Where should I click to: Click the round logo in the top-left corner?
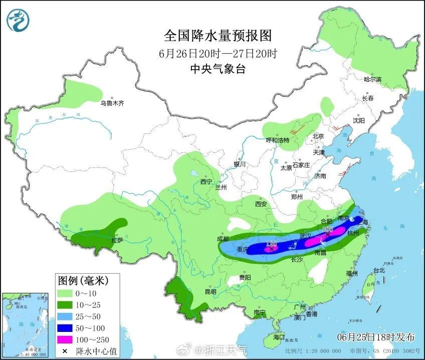click(19, 20)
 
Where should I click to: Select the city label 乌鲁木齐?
click(111, 103)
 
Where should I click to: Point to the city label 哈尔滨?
click(372, 79)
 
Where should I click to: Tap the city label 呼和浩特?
click(277, 140)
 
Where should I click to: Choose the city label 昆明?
click(210, 292)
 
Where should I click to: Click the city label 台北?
click(379, 270)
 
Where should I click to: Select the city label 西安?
click(261, 204)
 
